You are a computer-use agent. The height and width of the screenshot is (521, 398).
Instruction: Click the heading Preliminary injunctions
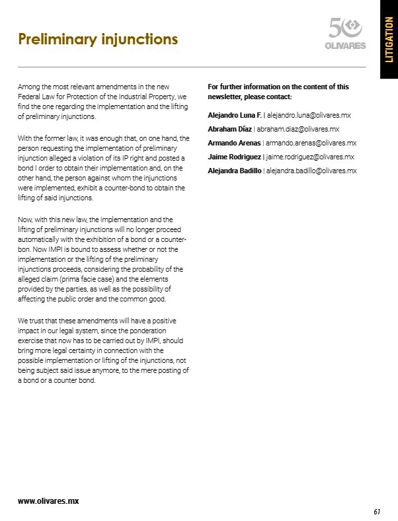[x=98, y=39]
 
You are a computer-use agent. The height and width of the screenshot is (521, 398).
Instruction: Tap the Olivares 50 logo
[x=346, y=33]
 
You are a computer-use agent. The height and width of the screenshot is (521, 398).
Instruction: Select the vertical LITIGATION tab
[x=389, y=40]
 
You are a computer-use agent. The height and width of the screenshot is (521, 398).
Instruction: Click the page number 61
[x=376, y=511]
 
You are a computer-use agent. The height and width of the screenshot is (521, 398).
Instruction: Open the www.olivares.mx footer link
[x=48, y=501]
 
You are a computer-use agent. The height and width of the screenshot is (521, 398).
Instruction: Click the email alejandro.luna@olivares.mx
[x=308, y=115]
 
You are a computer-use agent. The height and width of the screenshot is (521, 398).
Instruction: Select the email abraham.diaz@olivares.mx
[x=298, y=129]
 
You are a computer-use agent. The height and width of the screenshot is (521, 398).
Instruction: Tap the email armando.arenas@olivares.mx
[x=311, y=143]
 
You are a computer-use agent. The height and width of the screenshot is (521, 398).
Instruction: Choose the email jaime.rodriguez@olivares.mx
[x=310, y=157]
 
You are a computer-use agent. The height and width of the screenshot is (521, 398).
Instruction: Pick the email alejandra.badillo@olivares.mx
[x=311, y=171]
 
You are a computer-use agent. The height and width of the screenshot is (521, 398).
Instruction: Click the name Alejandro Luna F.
[x=235, y=115]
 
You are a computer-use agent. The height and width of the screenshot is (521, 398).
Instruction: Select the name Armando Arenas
[x=234, y=143]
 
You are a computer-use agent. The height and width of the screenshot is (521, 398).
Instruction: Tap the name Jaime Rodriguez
[x=235, y=157]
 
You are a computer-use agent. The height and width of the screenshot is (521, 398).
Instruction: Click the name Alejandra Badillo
[x=235, y=171]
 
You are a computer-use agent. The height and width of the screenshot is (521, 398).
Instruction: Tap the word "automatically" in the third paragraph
[x=40, y=239]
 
